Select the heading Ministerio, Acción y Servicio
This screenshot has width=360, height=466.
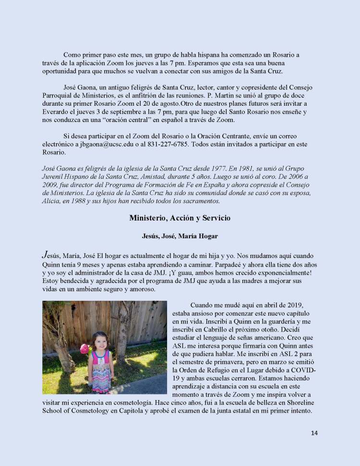180,218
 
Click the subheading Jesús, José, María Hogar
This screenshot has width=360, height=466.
180,236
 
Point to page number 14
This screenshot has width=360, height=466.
314,433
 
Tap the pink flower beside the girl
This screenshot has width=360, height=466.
84,349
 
